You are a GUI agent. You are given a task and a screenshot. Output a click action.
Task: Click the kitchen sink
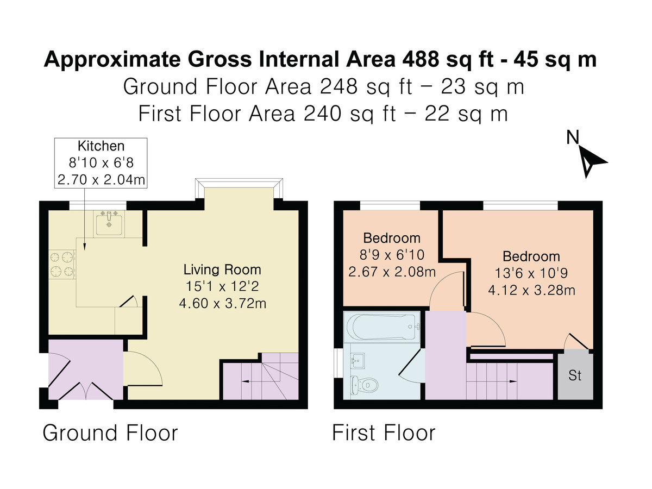coord(109,223)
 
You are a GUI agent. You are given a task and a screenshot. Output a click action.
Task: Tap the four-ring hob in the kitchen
coord(62,265)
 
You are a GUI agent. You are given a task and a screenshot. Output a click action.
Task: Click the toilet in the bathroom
coord(364,385)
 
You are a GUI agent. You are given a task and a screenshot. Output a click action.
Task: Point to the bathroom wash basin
coord(358,361)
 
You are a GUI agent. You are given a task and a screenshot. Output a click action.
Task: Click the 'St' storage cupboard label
coord(575,375)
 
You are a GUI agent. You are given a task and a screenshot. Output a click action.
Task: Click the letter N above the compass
coord(573,137)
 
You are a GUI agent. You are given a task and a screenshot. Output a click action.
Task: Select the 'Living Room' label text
coord(222,269)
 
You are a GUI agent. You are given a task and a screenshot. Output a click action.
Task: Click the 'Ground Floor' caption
coord(110,433)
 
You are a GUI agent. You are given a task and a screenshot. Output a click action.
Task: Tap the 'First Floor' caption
coord(384,433)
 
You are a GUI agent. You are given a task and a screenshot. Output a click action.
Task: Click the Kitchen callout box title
coord(101,146)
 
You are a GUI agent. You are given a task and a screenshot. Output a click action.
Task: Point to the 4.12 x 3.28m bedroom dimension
coord(532,290)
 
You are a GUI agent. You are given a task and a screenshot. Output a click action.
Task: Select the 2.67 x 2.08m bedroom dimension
coord(392,272)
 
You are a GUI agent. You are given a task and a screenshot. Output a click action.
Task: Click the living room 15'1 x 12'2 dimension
coord(222,286)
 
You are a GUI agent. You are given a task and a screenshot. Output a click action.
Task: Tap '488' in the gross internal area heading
coord(421,60)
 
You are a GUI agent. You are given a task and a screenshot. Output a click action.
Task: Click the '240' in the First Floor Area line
coord(323,114)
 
